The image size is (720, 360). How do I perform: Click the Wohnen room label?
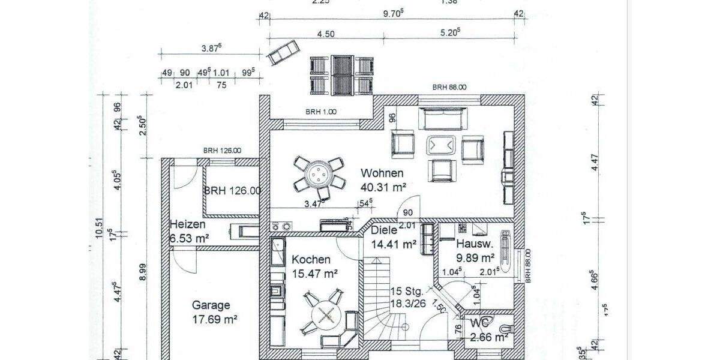coord(382,173)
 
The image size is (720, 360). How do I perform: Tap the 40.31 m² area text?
coord(383,187)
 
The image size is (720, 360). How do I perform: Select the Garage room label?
coord(211,305)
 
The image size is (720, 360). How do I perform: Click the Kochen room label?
coord(311,260)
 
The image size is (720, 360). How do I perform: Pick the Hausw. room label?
coord(475,244)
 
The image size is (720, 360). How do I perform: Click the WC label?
coord(480,322)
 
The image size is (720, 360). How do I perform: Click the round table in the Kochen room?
coord(326,314)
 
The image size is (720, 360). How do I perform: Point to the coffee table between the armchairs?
coord(442,146)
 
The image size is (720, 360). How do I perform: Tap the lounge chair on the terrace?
coord(282,53)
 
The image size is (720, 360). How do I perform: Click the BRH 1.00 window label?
coord(321,112)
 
